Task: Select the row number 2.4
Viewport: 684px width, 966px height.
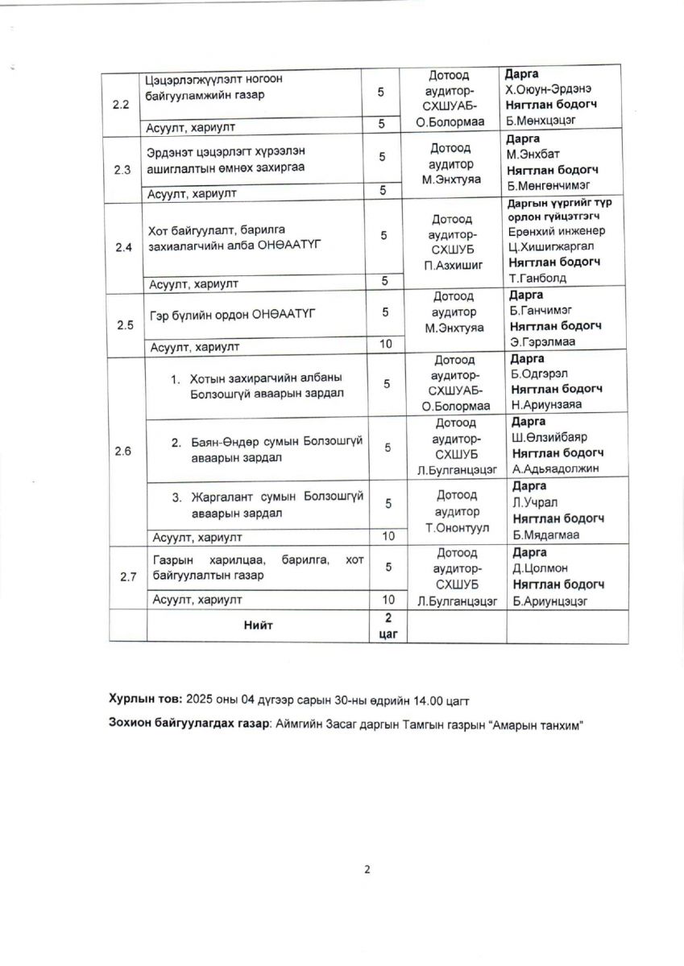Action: (123, 247)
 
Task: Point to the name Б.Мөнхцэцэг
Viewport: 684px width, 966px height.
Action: (544, 122)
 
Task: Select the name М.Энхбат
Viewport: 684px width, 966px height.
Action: (535, 155)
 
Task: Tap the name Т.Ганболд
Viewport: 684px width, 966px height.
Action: (537, 278)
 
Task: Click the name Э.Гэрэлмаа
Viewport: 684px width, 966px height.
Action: (541, 342)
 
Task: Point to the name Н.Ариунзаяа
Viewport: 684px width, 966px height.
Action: (545, 405)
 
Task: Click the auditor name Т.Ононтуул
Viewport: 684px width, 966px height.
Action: (456, 528)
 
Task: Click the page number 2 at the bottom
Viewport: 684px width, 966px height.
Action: (367, 869)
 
